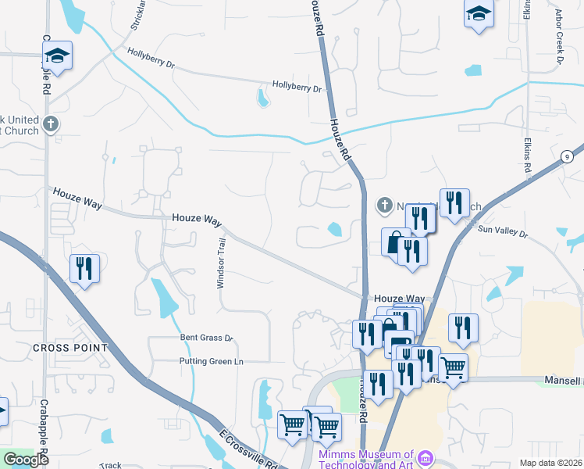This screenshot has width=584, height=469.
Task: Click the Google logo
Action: (x=26, y=460)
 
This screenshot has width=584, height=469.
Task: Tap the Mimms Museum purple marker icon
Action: (x=426, y=456)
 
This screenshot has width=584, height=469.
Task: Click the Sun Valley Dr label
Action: (x=503, y=231)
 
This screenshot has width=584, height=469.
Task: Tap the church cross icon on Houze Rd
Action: (x=383, y=205)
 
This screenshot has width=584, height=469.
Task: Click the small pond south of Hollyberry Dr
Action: (x=262, y=98)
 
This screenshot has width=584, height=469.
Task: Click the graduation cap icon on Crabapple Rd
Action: (x=57, y=55)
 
